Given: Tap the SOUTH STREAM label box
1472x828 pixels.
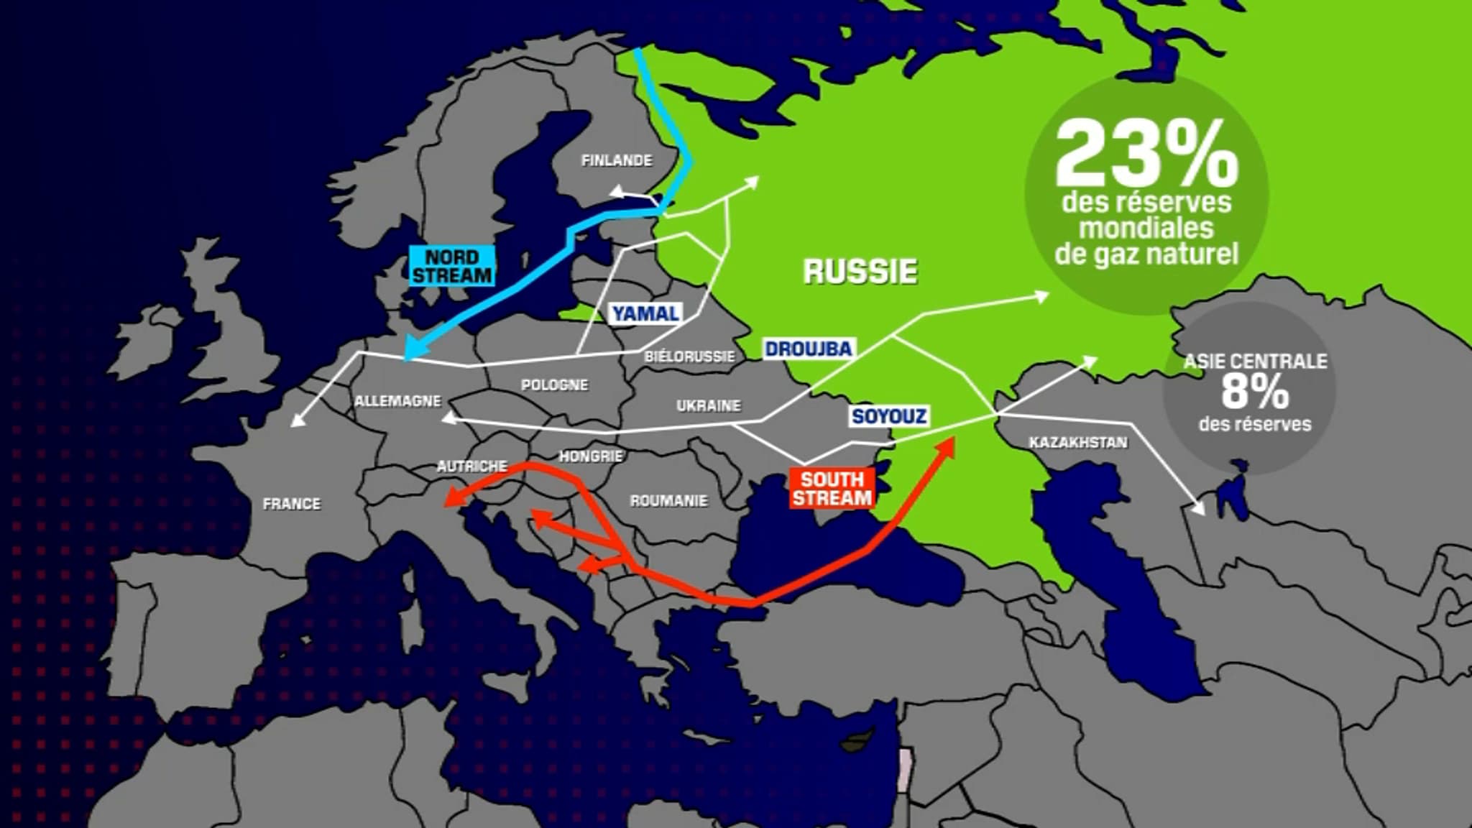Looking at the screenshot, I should [x=832, y=489].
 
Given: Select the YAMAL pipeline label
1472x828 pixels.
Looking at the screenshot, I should [x=645, y=313].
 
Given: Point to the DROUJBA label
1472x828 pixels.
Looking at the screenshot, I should [x=808, y=349].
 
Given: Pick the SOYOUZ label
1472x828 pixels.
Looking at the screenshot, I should [x=888, y=416].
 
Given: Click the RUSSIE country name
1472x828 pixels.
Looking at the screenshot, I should [x=860, y=271].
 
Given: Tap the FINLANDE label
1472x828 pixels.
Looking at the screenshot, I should [x=616, y=160].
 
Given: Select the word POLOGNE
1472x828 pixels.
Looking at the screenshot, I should [x=554, y=385].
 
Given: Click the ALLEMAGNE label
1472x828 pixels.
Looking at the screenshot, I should [x=397, y=401].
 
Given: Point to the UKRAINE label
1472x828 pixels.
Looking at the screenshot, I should [x=708, y=406].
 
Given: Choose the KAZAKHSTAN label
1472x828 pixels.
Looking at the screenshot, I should [x=1078, y=443].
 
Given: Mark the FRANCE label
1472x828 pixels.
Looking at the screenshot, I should [x=292, y=504].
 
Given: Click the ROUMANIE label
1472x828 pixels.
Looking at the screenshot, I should [x=668, y=501].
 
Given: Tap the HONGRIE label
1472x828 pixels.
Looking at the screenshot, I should [x=590, y=456].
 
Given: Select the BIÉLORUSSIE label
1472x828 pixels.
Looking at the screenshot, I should [x=689, y=356].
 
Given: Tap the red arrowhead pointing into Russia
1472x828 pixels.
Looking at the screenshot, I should [x=947, y=446].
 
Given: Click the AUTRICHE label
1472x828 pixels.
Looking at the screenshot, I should [x=471, y=466].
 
